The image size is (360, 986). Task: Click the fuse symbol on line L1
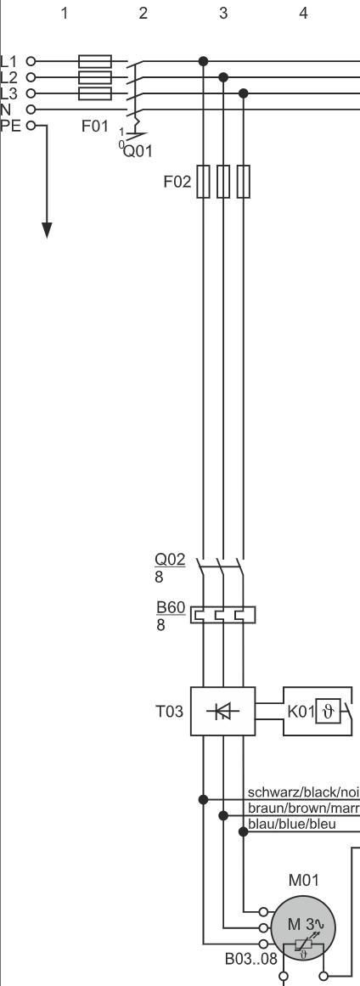(94, 61)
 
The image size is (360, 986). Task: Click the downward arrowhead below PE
(48, 230)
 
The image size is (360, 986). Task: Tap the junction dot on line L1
(203, 61)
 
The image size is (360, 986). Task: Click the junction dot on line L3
(244, 93)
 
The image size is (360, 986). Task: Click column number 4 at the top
(303, 13)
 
